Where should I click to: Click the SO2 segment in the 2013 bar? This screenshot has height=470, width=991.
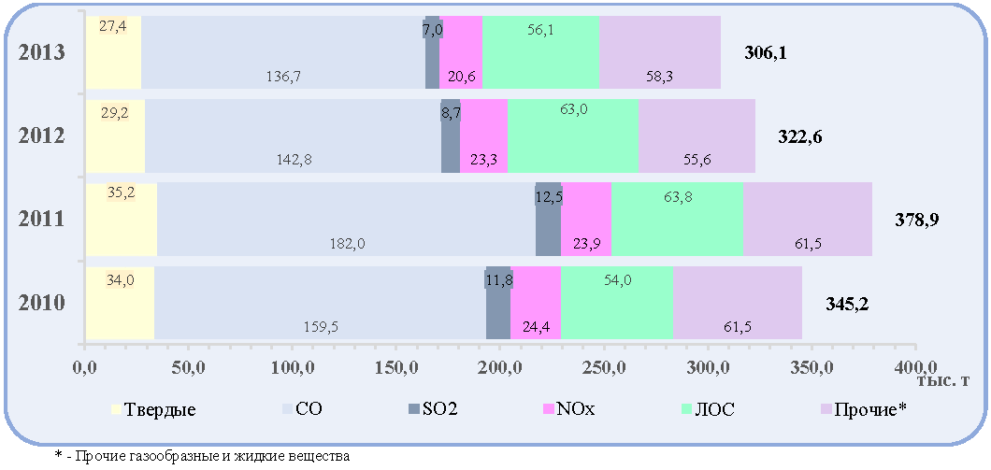[x=432, y=51]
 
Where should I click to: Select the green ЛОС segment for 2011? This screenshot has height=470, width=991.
[x=677, y=220]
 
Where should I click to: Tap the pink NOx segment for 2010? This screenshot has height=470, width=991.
[x=536, y=303]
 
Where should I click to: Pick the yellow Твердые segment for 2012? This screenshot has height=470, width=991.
[x=115, y=135]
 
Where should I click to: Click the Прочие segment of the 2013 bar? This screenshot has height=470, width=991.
[x=660, y=51]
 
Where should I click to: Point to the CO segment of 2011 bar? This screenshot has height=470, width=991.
[x=346, y=220]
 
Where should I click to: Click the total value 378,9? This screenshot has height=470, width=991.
[x=916, y=220]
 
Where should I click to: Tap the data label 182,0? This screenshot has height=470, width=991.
[x=348, y=243]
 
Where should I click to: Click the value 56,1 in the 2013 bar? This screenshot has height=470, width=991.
[x=539, y=29]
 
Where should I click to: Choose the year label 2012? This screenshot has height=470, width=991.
[x=42, y=135]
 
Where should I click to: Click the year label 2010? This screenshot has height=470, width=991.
[x=42, y=304]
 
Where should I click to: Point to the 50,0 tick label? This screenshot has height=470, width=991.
[x=188, y=367]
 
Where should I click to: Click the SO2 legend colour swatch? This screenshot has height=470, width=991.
[x=414, y=409]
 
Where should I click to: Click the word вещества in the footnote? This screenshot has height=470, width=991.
[x=323, y=455]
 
